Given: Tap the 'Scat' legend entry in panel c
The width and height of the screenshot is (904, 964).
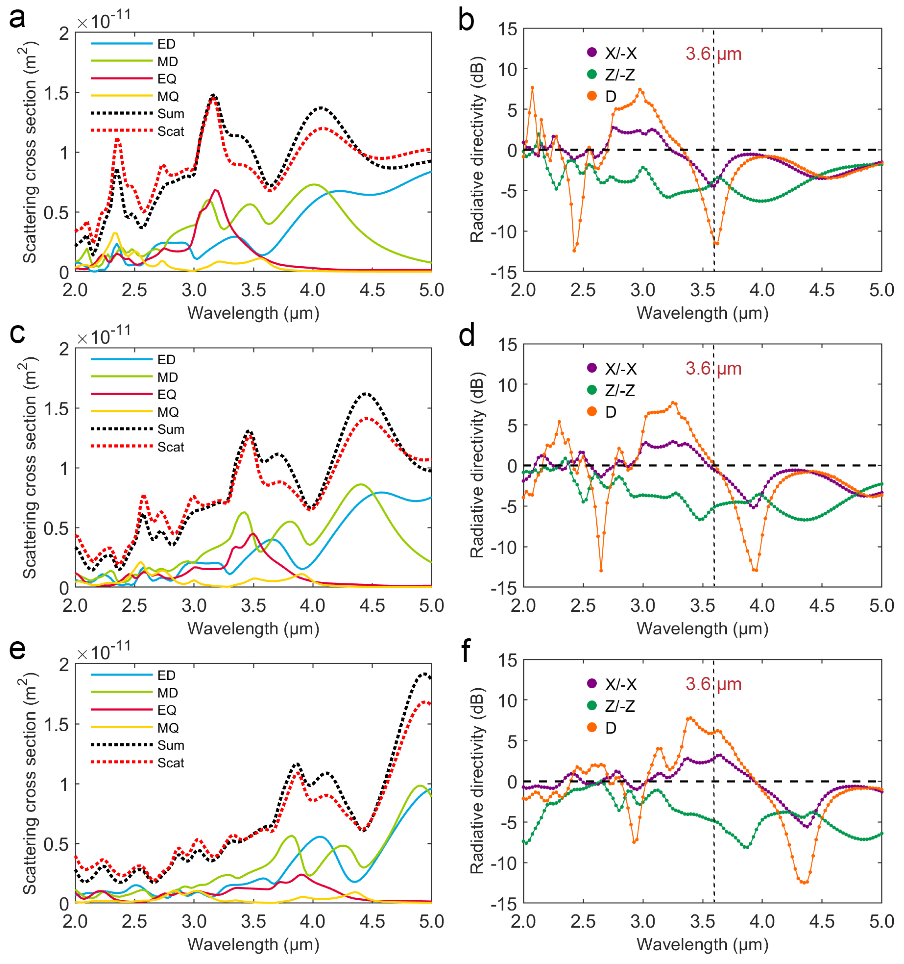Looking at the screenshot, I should click(x=171, y=447).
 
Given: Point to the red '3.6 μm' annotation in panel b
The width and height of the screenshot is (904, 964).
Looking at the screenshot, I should click(x=713, y=53).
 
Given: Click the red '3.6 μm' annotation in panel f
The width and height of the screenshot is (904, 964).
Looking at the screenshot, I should click(x=713, y=684).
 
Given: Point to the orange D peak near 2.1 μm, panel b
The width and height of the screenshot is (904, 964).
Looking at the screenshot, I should click(x=532, y=88).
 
